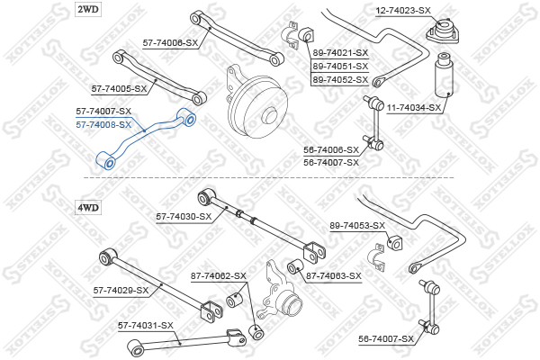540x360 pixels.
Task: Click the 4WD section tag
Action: (x=87, y=207)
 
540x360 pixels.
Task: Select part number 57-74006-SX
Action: (x=170, y=42)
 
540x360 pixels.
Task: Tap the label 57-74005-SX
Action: (x=119, y=89)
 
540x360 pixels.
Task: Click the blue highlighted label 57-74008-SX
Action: (x=103, y=124)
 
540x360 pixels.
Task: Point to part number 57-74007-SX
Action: (x=103, y=112)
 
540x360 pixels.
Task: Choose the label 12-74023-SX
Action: (x=403, y=10)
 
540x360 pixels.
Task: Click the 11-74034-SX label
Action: (x=414, y=108)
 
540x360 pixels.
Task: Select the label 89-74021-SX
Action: (x=340, y=53)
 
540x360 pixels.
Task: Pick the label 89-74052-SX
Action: (x=340, y=80)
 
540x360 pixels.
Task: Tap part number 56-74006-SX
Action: (x=331, y=149)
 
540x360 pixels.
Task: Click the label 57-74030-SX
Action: (x=184, y=216)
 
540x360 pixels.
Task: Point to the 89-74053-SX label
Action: (x=357, y=225)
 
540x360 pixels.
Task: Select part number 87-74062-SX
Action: (x=218, y=275)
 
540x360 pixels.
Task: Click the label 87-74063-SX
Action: (x=334, y=276)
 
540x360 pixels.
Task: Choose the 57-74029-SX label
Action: (x=121, y=291)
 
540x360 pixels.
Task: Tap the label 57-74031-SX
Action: (x=145, y=325)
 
